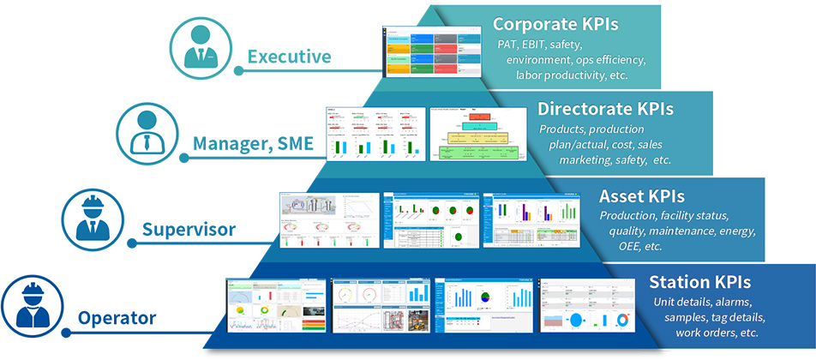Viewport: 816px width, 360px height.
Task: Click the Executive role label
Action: click(289, 57)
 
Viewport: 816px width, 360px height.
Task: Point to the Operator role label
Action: click(117, 319)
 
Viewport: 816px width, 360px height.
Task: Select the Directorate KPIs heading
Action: click(604, 109)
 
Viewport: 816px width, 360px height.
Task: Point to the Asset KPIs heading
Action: click(641, 196)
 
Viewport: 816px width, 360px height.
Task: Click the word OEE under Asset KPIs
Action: click(630, 246)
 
